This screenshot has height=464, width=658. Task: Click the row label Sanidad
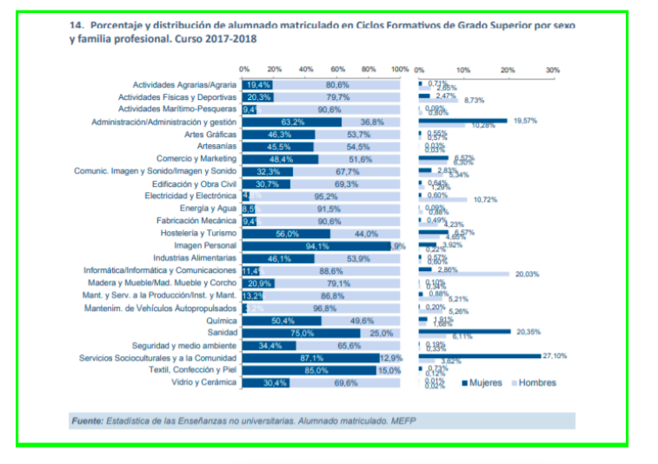[x=221, y=333]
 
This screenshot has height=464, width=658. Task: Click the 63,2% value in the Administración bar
[x=292, y=123]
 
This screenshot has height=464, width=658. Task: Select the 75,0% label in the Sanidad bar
[x=302, y=333]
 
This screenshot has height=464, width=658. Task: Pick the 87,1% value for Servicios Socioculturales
[x=311, y=358]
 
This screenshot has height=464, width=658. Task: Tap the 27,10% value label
[x=555, y=355]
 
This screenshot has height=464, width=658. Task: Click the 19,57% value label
[x=525, y=121]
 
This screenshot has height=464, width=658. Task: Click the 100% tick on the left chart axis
[x=400, y=70]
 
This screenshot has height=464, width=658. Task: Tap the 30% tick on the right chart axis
[x=552, y=70]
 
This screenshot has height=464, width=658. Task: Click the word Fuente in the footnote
[x=86, y=421]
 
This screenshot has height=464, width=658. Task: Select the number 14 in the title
[x=75, y=25]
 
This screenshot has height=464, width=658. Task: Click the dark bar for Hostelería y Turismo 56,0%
[x=287, y=234]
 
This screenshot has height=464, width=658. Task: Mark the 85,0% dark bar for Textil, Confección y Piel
[x=309, y=370]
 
